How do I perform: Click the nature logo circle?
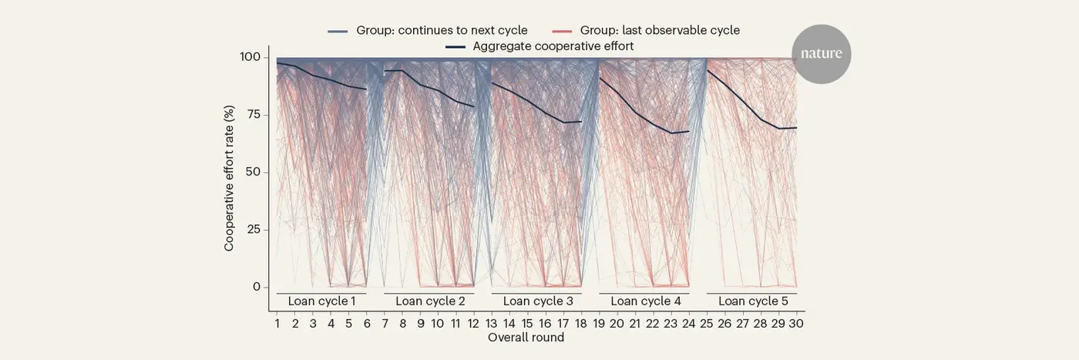click(x=821, y=54)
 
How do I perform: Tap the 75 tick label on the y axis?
click(x=251, y=115)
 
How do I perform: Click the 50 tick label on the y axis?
click(x=251, y=172)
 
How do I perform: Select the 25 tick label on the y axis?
click(x=251, y=230)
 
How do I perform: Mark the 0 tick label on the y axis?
click(x=255, y=287)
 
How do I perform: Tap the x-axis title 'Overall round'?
click(x=526, y=338)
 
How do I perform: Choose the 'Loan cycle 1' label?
click(x=321, y=301)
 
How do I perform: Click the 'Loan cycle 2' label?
click(x=429, y=301)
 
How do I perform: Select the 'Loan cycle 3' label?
click(x=537, y=301)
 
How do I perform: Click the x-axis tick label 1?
click(x=277, y=324)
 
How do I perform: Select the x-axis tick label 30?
click(x=796, y=324)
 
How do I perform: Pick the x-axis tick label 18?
click(x=581, y=324)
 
